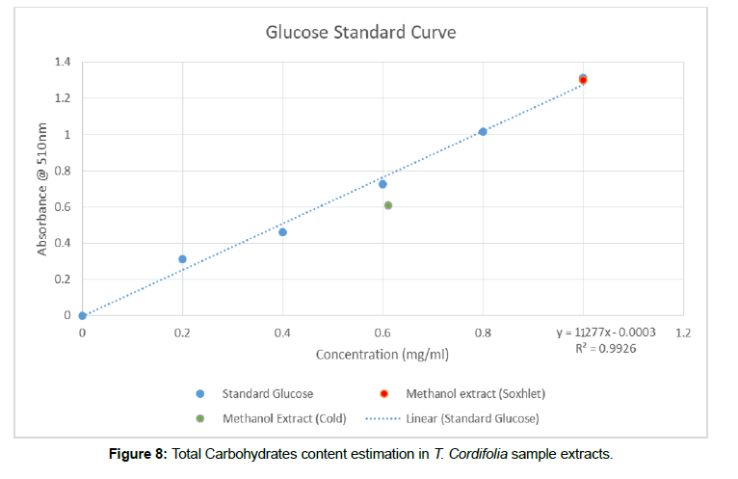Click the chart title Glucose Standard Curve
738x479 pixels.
tap(360, 33)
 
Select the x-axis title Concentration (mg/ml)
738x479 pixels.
tap(382, 355)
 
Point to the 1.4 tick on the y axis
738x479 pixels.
tap(63, 62)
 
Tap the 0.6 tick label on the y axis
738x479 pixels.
tap(63, 206)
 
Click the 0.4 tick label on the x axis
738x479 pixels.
tap(282, 333)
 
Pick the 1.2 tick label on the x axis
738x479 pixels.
tap(683, 333)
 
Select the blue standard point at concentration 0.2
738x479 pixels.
tap(182, 259)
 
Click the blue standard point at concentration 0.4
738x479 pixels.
tap(282, 232)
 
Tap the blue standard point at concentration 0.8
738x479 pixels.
tap(483, 131)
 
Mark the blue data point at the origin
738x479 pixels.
tap(82, 315)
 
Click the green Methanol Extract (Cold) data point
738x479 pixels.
tap(388, 205)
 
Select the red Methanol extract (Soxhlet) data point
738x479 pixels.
tap(583, 81)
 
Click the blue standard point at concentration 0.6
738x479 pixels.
tap(382, 184)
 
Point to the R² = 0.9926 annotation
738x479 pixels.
tap(605, 348)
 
